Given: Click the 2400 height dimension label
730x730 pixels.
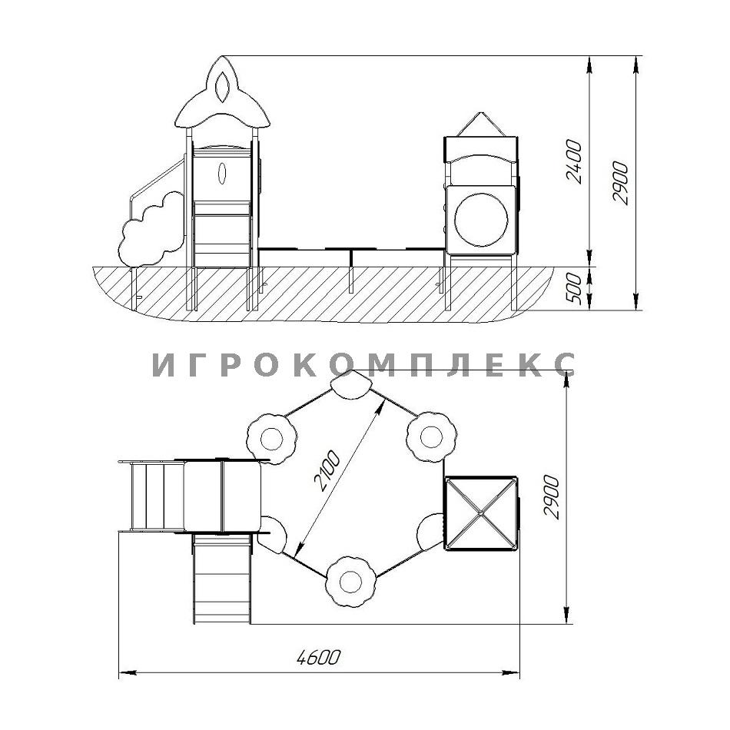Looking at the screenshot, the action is (x=573, y=161).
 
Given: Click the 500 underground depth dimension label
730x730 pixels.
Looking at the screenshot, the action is (x=573, y=289).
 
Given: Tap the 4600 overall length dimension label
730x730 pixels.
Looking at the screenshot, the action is (x=318, y=657).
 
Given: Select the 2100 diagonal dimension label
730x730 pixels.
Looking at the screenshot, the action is (x=327, y=471).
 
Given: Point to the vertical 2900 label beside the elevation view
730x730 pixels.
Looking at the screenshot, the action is (x=620, y=183).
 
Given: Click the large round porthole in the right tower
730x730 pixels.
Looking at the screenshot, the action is (x=481, y=220).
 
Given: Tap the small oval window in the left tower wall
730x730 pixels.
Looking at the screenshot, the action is (x=223, y=173).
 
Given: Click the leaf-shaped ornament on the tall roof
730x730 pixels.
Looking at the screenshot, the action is (x=222, y=87).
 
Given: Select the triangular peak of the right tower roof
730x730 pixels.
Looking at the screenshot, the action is (x=481, y=124).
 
